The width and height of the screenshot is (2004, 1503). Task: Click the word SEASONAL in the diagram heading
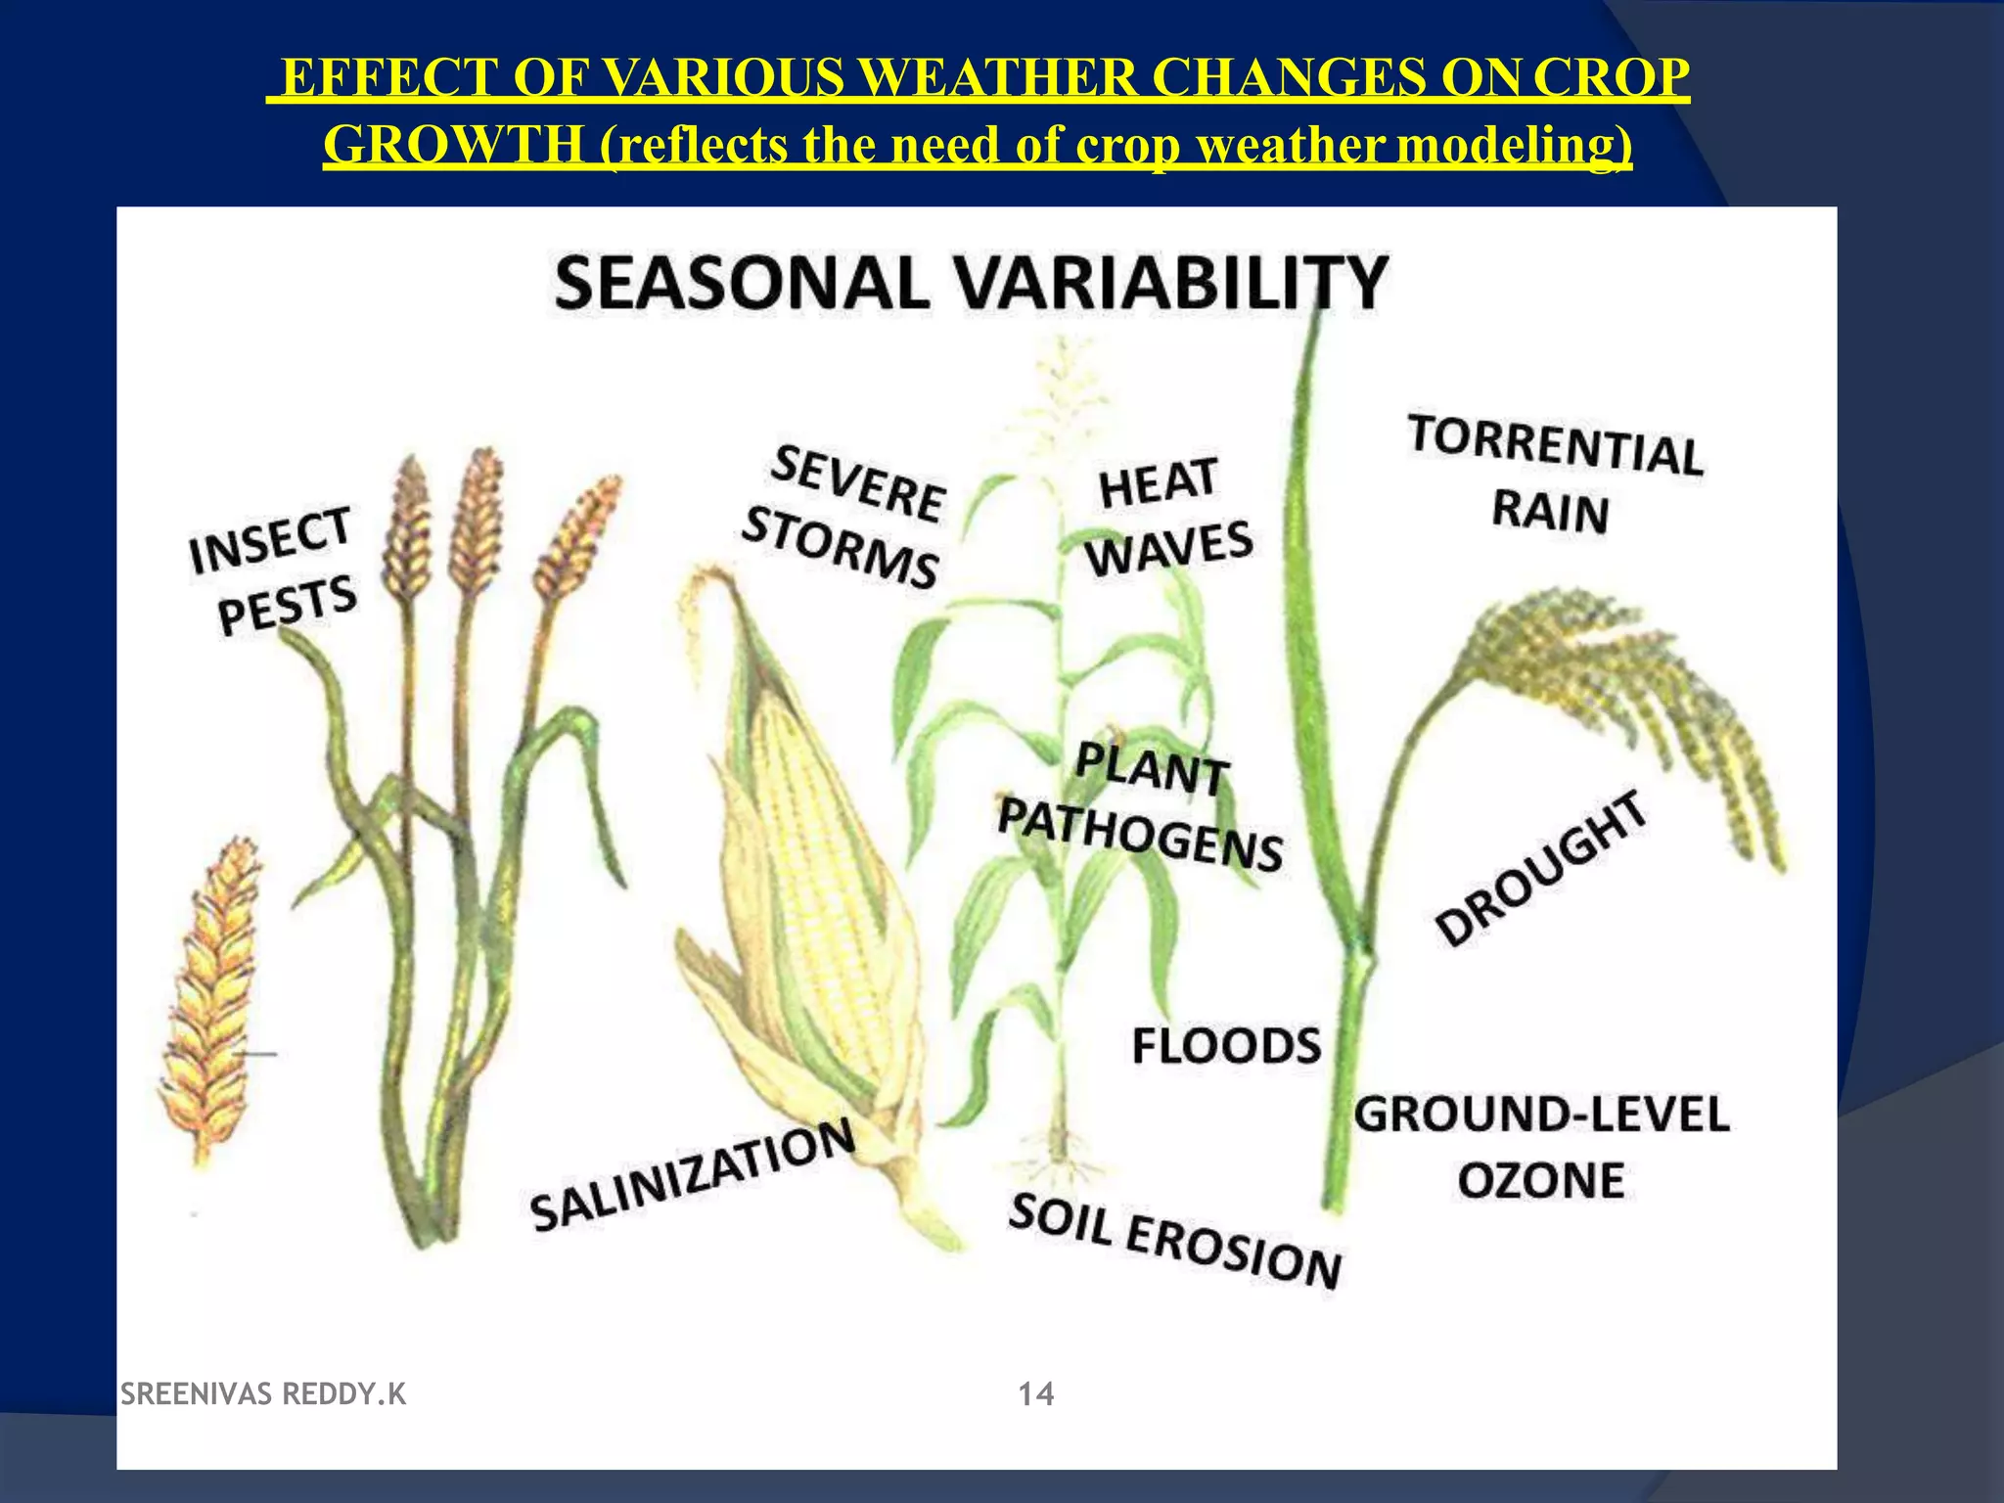tap(741, 284)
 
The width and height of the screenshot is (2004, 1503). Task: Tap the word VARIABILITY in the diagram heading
tap(1170, 284)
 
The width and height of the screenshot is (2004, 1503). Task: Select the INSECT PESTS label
tap(274, 571)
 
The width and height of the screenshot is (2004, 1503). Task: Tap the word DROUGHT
tap(1541, 868)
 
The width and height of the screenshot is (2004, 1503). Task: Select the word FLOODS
tap(1226, 1046)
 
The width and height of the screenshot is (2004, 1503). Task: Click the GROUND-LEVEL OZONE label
tap(1541, 1147)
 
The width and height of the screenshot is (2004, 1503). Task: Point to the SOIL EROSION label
tap(1174, 1242)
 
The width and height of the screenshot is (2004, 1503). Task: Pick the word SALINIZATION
tap(692, 1175)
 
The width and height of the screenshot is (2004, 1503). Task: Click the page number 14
tap(1036, 1394)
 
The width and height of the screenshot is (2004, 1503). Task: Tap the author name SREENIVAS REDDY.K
tap(262, 1394)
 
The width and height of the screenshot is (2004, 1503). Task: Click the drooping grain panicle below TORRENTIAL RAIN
tap(1624, 695)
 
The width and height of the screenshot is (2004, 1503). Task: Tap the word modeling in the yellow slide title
tap(1514, 146)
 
